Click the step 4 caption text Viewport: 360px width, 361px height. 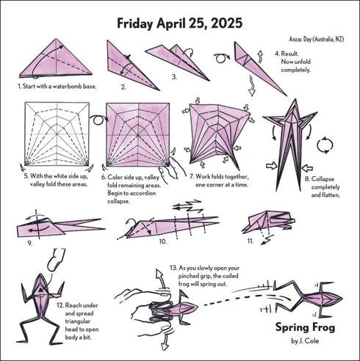point(292,62)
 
